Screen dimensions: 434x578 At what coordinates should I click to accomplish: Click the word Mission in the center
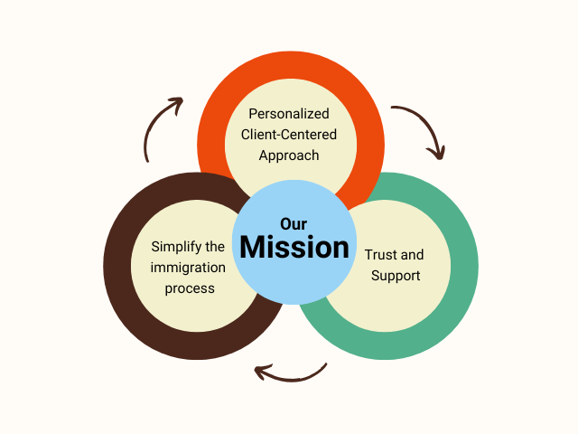click(294, 247)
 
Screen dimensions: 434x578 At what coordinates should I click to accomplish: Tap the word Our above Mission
click(294, 223)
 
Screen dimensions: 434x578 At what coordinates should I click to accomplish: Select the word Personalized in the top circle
click(289, 115)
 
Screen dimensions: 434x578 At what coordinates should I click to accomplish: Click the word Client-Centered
click(289, 135)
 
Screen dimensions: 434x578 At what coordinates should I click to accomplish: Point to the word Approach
click(289, 155)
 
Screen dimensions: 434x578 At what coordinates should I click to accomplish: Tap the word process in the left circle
click(189, 288)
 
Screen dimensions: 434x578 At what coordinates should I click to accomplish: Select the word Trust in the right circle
click(380, 255)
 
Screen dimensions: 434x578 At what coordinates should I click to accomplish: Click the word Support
click(396, 275)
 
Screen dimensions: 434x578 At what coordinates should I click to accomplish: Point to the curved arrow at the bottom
click(291, 372)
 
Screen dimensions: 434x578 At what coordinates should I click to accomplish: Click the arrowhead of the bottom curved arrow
click(261, 371)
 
